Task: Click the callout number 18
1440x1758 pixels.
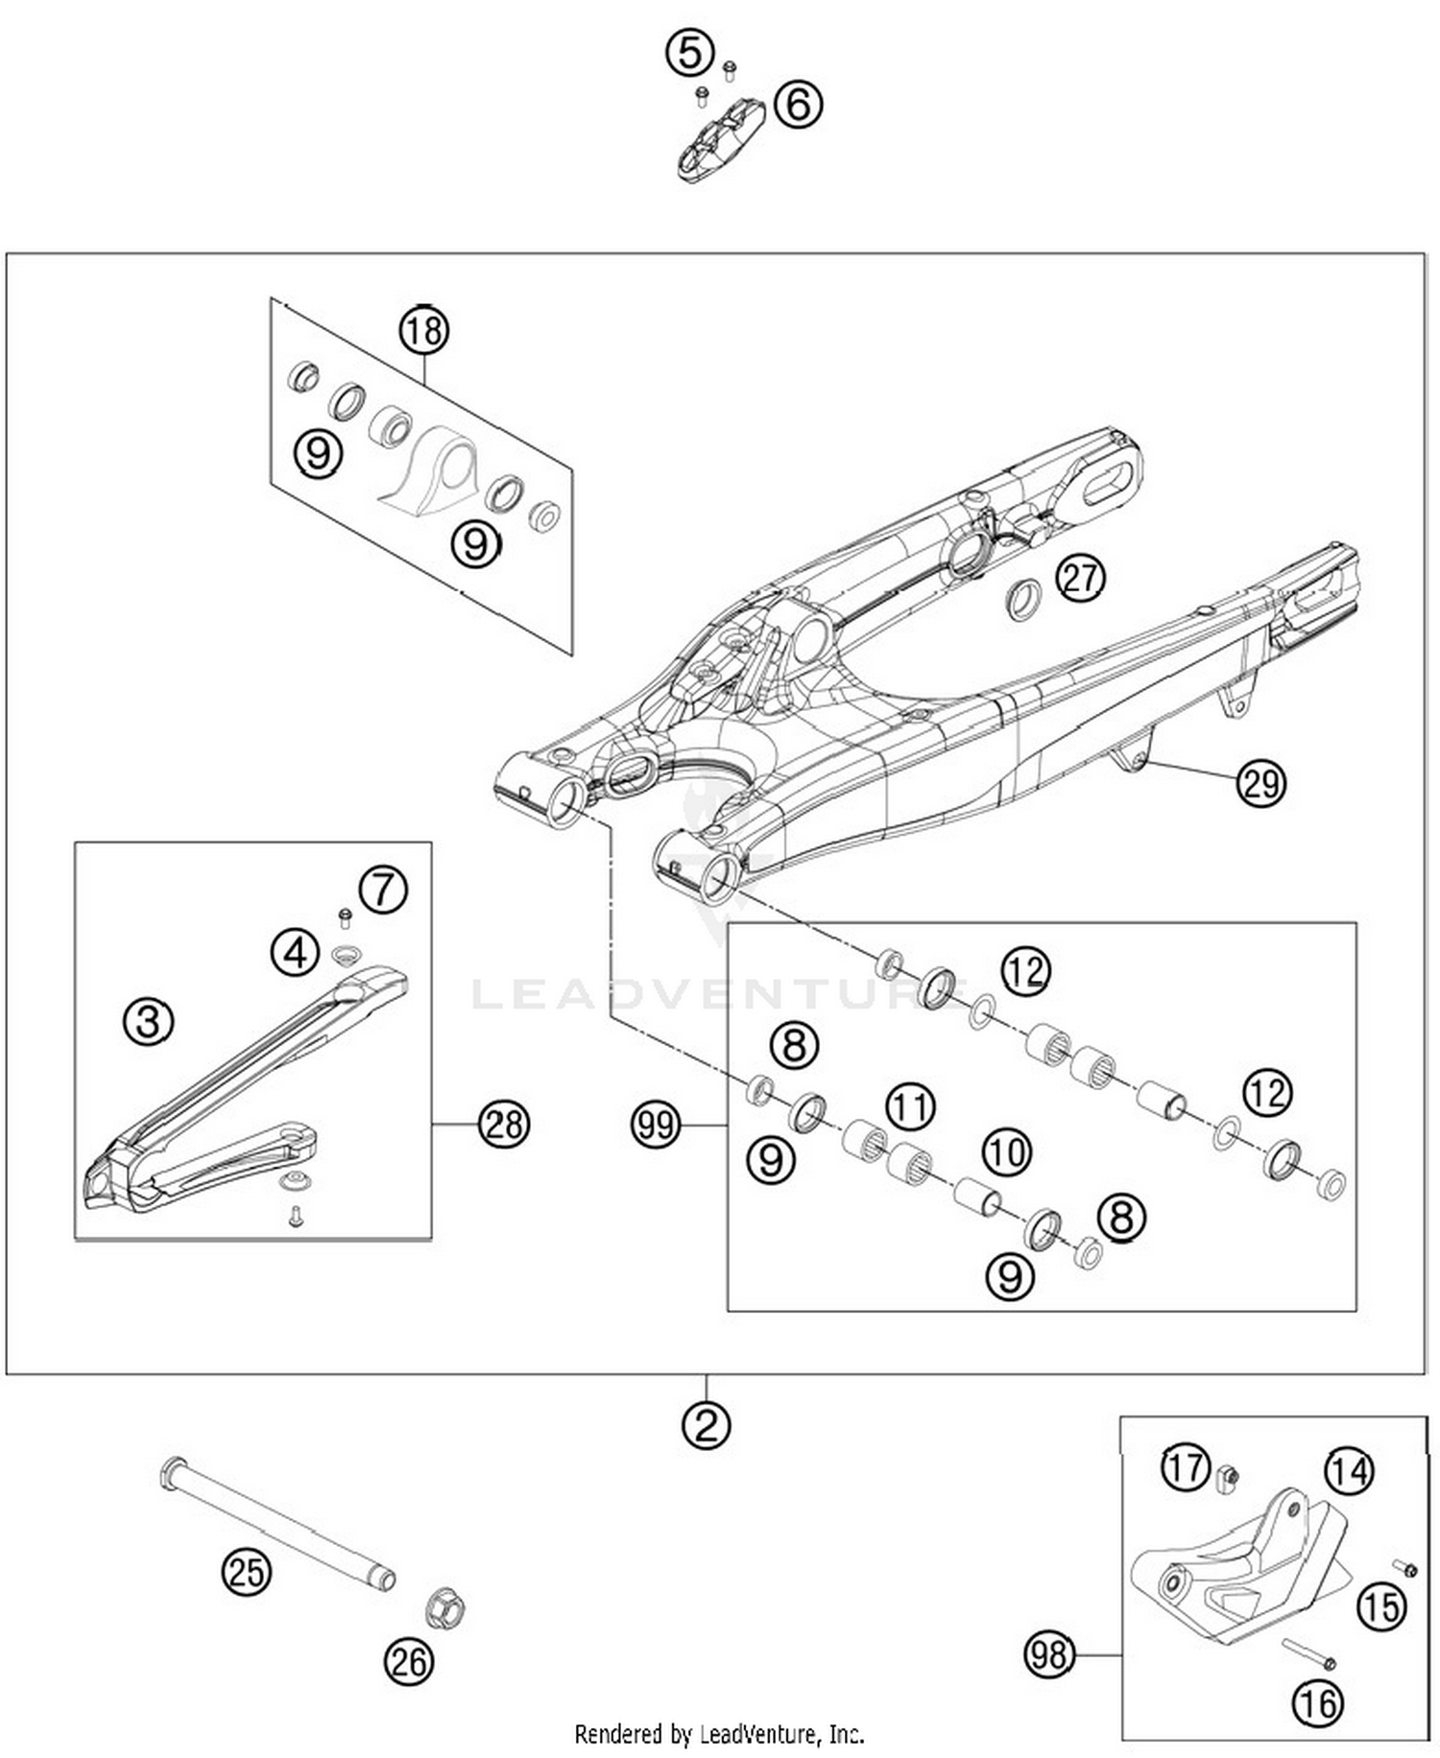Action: pos(424,331)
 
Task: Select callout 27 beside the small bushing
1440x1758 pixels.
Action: pos(1081,579)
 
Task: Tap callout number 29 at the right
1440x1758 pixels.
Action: pos(1260,783)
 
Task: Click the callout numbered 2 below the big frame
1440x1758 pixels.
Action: pos(707,1425)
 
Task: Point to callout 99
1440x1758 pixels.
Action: pos(656,1124)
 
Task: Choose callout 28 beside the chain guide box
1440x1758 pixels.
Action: pos(504,1124)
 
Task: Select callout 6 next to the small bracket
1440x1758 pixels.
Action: pos(799,103)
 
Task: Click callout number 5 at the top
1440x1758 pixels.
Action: pos(689,52)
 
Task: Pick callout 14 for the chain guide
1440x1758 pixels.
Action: pos(1349,1471)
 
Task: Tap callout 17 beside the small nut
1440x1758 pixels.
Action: pos(1186,1467)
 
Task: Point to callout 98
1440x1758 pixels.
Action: pos(1048,1654)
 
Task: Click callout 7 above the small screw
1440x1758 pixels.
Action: pos(384,890)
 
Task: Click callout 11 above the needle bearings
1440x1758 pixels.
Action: pos(909,1106)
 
